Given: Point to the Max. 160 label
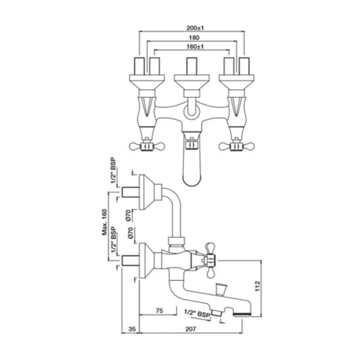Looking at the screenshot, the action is pyautogui.click(x=105, y=222).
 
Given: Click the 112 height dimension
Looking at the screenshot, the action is pyautogui.click(x=257, y=286).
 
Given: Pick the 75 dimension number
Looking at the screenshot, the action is pyautogui.click(x=159, y=311).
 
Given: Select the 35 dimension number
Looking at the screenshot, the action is pyautogui.click(x=132, y=329).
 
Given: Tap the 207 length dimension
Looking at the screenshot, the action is pyautogui.click(x=190, y=329).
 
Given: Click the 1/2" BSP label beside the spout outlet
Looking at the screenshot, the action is pyautogui.click(x=197, y=313).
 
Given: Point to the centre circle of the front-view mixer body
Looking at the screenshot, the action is pyautogui.click(x=192, y=110).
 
